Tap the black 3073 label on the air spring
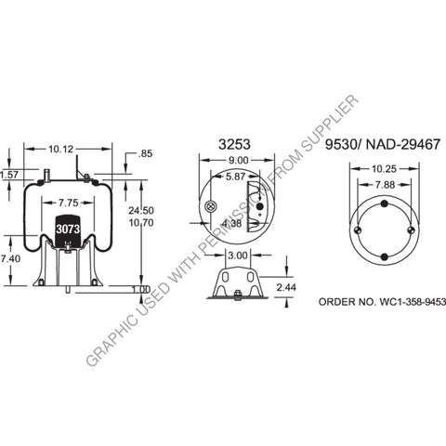tap(68, 229)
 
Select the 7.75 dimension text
tap(67, 202)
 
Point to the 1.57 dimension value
tap(8, 174)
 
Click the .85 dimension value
tap(144, 154)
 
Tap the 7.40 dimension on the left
tap(9, 257)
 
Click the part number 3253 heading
tap(232, 144)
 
